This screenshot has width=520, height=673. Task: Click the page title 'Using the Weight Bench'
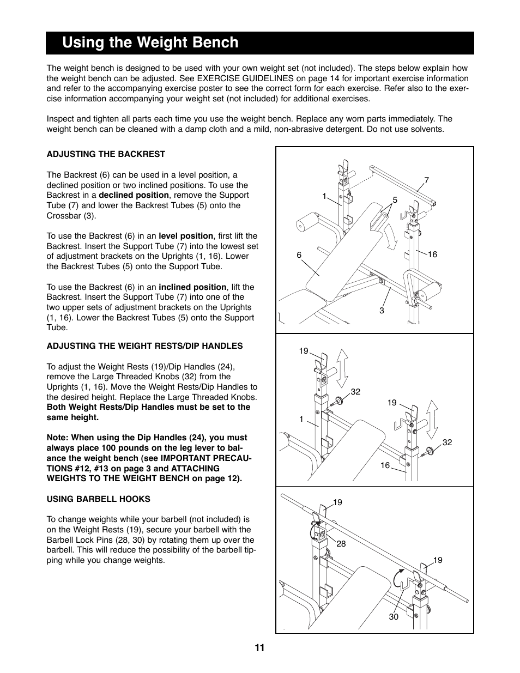(150, 43)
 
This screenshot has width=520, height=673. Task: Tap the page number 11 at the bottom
(259, 648)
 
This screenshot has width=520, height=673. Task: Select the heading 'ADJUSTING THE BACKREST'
(106, 154)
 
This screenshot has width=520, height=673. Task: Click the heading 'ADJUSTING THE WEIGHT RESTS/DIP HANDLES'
(145, 346)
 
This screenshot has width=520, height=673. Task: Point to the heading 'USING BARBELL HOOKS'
(99, 499)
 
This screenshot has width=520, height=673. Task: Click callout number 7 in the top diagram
(427, 180)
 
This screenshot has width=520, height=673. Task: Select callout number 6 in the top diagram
(299, 254)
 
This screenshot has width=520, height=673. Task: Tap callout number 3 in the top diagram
(382, 311)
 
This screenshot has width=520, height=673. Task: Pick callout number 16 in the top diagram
(432, 254)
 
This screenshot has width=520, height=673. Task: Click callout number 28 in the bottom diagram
(341, 544)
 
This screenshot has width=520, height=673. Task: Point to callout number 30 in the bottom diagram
(394, 617)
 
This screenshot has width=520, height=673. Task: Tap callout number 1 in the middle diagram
(301, 419)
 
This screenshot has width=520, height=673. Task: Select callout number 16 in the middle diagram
(385, 465)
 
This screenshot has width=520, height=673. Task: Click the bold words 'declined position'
(134, 195)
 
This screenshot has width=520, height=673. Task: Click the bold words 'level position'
(186, 236)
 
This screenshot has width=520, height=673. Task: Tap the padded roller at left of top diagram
(306, 225)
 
